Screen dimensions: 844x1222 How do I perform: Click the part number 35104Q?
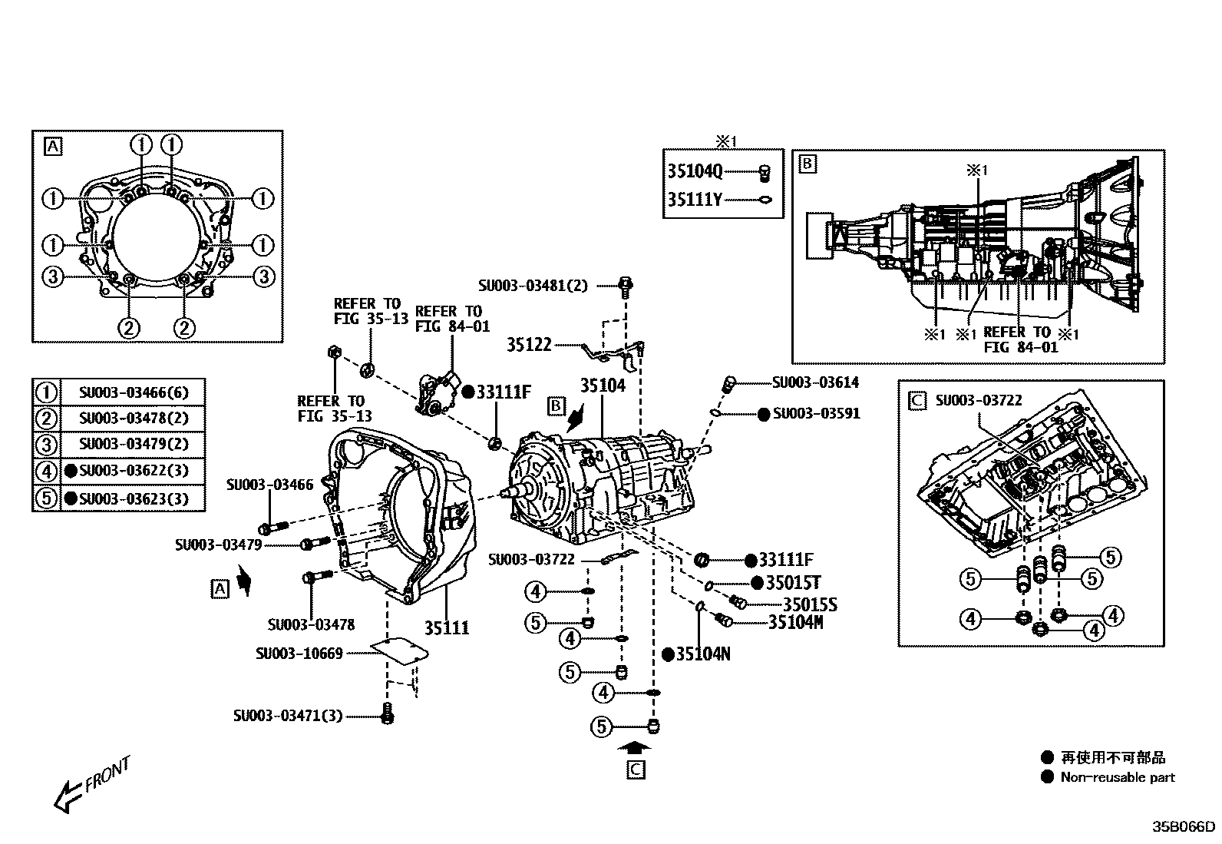[x=695, y=171]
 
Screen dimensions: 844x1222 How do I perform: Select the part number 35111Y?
[x=695, y=200]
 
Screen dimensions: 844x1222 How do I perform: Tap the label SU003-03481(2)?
[x=533, y=286]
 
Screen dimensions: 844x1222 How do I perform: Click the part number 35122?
[x=529, y=345]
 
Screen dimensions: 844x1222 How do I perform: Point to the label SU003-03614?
[x=815, y=382]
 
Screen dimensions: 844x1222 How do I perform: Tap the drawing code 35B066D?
[x=1184, y=827]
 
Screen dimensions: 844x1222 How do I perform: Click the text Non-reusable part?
[x=1118, y=777]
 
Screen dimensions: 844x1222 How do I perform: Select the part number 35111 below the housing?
[x=447, y=628]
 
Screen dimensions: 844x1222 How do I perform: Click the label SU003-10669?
[x=299, y=654]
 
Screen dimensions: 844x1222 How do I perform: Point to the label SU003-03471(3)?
[x=288, y=716]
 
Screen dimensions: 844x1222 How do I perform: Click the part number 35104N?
[x=702, y=654]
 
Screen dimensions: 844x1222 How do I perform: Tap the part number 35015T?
[x=793, y=583]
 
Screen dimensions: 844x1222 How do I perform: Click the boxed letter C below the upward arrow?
[x=636, y=770]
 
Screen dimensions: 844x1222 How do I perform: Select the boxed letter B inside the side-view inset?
[x=808, y=164]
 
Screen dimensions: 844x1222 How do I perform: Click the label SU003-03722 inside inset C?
[x=978, y=400]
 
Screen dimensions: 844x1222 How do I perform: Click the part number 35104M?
[x=795, y=622]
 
